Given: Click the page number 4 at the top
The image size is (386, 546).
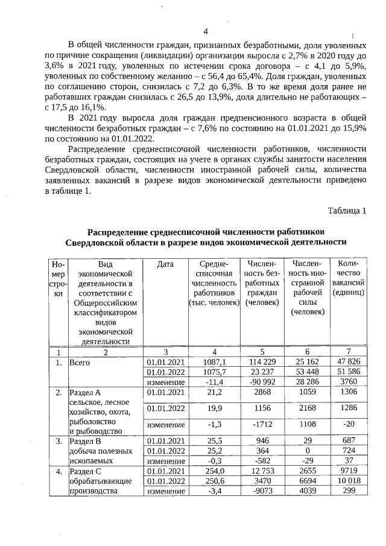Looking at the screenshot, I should (205, 32).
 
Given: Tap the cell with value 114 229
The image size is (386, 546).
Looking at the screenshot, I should (262, 361).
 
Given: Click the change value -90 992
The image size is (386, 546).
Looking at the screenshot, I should (262, 381).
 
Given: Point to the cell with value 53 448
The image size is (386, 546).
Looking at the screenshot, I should (308, 372).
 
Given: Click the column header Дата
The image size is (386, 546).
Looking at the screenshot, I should (165, 264).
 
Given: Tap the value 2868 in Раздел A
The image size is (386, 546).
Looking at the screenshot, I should (262, 393).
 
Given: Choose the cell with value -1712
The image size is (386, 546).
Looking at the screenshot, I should (262, 425).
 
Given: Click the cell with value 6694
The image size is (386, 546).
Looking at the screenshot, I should (308, 481).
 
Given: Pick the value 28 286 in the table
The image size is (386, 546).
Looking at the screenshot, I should (308, 381).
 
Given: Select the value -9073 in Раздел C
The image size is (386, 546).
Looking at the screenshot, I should (262, 491).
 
